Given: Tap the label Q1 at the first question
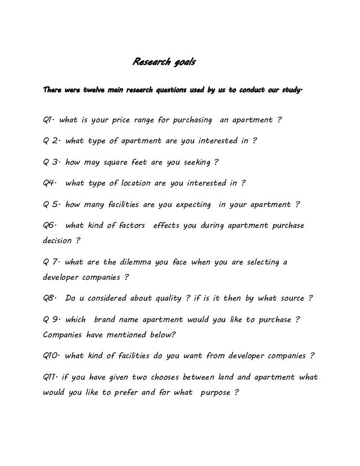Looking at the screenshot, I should pos(48,120).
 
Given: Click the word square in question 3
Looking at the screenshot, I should pos(119,162).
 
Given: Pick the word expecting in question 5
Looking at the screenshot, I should pos(190,204).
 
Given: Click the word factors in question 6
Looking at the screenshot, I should pos(129,225).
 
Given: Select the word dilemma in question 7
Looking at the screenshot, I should pos(134,262).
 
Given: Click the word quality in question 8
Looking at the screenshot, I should pos(169,297).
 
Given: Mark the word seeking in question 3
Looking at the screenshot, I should pos(195,162).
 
